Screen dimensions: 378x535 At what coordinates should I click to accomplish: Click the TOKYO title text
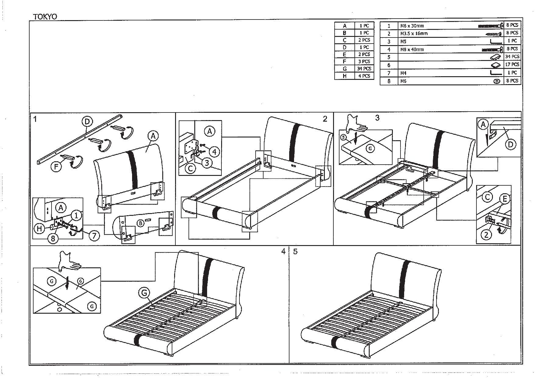(x=45, y=17)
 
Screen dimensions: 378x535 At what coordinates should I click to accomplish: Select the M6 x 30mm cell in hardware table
(x=412, y=26)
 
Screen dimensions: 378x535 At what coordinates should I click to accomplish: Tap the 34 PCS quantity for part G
(x=364, y=69)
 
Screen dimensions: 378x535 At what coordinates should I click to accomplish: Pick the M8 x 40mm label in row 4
(x=412, y=49)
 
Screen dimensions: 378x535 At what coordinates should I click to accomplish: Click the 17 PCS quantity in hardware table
(x=512, y=64)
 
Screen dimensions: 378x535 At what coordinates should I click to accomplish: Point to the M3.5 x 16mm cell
(x=414, y=34)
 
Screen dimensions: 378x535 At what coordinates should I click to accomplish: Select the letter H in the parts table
(x=344, y=76)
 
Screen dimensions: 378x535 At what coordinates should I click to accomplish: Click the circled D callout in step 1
(x=87, y=122)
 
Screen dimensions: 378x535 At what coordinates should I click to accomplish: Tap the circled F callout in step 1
(x=56, y=166)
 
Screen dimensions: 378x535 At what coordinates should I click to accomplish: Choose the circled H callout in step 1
(x=39, y=229)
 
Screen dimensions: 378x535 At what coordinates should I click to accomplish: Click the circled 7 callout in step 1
(x=94, y=236)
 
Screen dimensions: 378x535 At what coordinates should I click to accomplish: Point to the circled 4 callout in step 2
(x=214, y=151)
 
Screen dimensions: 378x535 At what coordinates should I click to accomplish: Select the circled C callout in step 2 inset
(x=191, y=168)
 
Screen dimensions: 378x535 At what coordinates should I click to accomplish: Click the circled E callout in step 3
(x=505, y=199)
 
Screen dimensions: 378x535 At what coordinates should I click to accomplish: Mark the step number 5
(x=295, y=251)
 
